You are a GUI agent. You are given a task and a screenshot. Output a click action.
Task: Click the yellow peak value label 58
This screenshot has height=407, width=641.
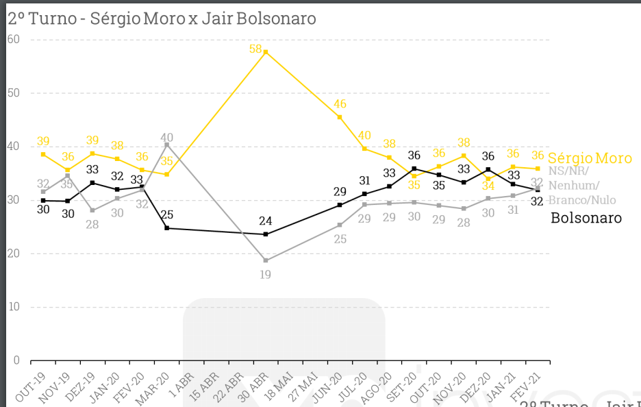[256, 49]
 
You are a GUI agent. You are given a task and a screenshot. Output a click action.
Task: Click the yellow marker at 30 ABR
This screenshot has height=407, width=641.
[266, 52]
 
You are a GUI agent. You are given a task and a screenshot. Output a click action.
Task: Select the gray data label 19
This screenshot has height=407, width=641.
[266, 275]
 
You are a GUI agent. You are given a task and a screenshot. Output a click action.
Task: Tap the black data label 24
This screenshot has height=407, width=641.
[266, 221]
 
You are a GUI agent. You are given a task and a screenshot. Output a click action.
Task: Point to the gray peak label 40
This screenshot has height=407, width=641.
[166, 137]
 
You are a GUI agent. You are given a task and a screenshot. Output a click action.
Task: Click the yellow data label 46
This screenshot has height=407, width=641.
[339, 105]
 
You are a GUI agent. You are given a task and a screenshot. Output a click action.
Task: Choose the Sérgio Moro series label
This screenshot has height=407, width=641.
[590, 158]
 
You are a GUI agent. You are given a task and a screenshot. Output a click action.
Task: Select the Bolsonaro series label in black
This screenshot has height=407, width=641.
[586, 218]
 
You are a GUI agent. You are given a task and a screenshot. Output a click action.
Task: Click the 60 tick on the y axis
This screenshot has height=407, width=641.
[13, 40]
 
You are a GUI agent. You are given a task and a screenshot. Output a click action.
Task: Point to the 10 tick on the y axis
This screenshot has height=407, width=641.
[13, 307]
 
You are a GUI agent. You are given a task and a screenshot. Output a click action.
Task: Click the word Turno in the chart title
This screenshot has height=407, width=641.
[53, 18]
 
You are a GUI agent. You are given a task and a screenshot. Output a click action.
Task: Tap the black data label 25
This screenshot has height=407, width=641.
[166, 214]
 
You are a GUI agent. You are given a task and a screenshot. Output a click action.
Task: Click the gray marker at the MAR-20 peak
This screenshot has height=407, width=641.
[166, 145]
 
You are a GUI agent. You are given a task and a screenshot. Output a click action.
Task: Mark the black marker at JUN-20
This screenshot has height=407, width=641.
[340, 205]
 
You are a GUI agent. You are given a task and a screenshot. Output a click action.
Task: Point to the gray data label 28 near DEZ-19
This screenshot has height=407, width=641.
[92, 225]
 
